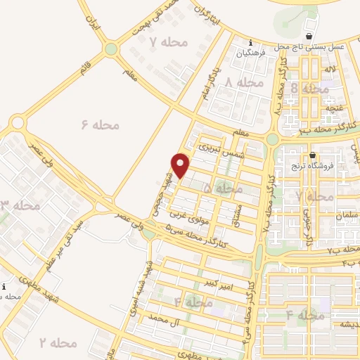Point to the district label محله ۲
click(x=57, y=342)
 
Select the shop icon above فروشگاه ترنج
click(x=313, y=155)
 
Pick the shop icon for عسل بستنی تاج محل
click(x=309, y=36)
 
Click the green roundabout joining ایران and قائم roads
click(x=110, y=49)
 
